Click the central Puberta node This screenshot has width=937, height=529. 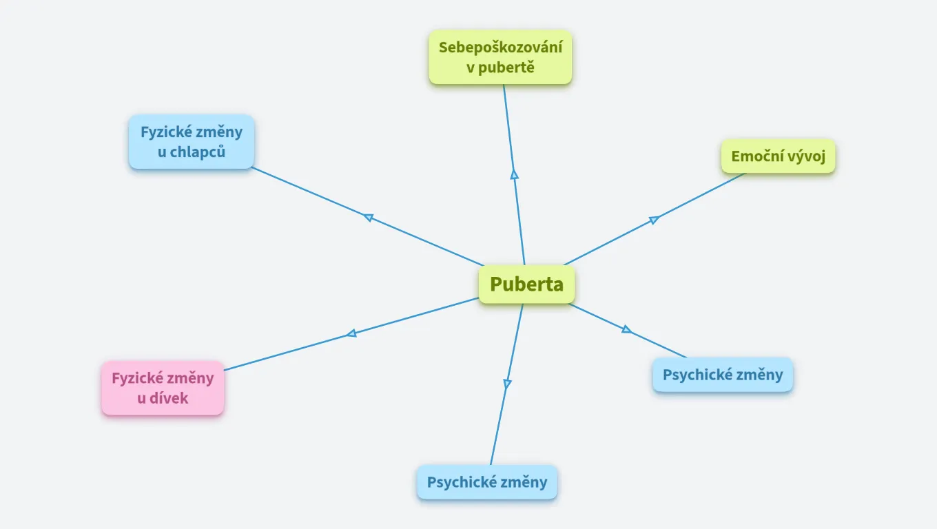point(527,284)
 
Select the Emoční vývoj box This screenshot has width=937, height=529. point(778,156)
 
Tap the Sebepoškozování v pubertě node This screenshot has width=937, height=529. point(500,57)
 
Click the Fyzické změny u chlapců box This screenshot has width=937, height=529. point(192,142)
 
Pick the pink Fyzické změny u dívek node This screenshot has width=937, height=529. point(163,388)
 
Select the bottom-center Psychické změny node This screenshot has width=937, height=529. point(487,482)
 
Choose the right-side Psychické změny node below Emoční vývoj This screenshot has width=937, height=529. point(723,375)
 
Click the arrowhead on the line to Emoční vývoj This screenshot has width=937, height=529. point(654,220)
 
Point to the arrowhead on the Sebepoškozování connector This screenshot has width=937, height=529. point(514,174)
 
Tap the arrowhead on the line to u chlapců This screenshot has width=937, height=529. point(369,218)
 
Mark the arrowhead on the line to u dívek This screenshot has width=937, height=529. point(351,333)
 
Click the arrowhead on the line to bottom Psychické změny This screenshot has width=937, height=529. point(507,384)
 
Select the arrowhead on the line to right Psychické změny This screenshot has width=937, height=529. point(626,329)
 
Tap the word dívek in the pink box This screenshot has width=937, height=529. point(170,398)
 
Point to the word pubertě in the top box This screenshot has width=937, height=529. point(509,68)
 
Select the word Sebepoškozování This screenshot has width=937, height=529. point(500,48)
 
